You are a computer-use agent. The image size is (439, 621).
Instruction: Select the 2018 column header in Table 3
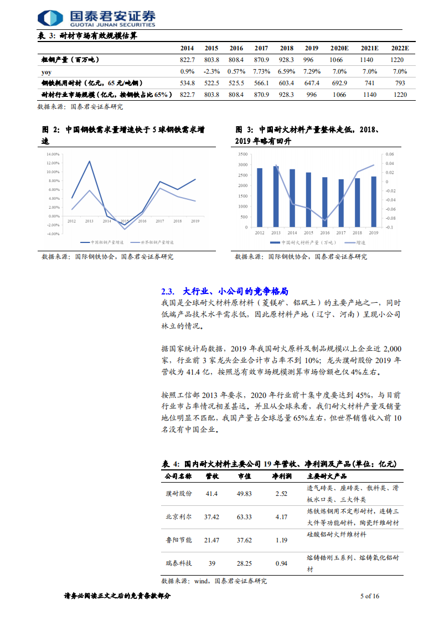[x=286, y=48]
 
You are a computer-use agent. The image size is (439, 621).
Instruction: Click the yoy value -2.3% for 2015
[x=211, y=71]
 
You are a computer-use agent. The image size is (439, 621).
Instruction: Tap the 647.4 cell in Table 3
[x=312, y=83]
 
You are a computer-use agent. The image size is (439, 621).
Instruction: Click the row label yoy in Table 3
[x=47, y=71]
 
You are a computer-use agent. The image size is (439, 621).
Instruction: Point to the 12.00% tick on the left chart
[x=53, y=163]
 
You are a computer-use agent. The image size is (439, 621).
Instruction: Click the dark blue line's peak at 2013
[x=89, y=161]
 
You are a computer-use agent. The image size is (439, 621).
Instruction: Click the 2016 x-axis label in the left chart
[x=142, y=221]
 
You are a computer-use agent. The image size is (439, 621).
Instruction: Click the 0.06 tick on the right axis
[x=390, y=154]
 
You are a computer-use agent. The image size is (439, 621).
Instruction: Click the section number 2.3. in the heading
[x=168, y=291]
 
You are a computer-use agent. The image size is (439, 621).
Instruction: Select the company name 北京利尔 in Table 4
[x=178, y=517]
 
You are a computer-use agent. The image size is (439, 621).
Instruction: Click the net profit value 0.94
[x=281, y=563]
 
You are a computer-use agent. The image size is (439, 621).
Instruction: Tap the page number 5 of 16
[x=369, y=596]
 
